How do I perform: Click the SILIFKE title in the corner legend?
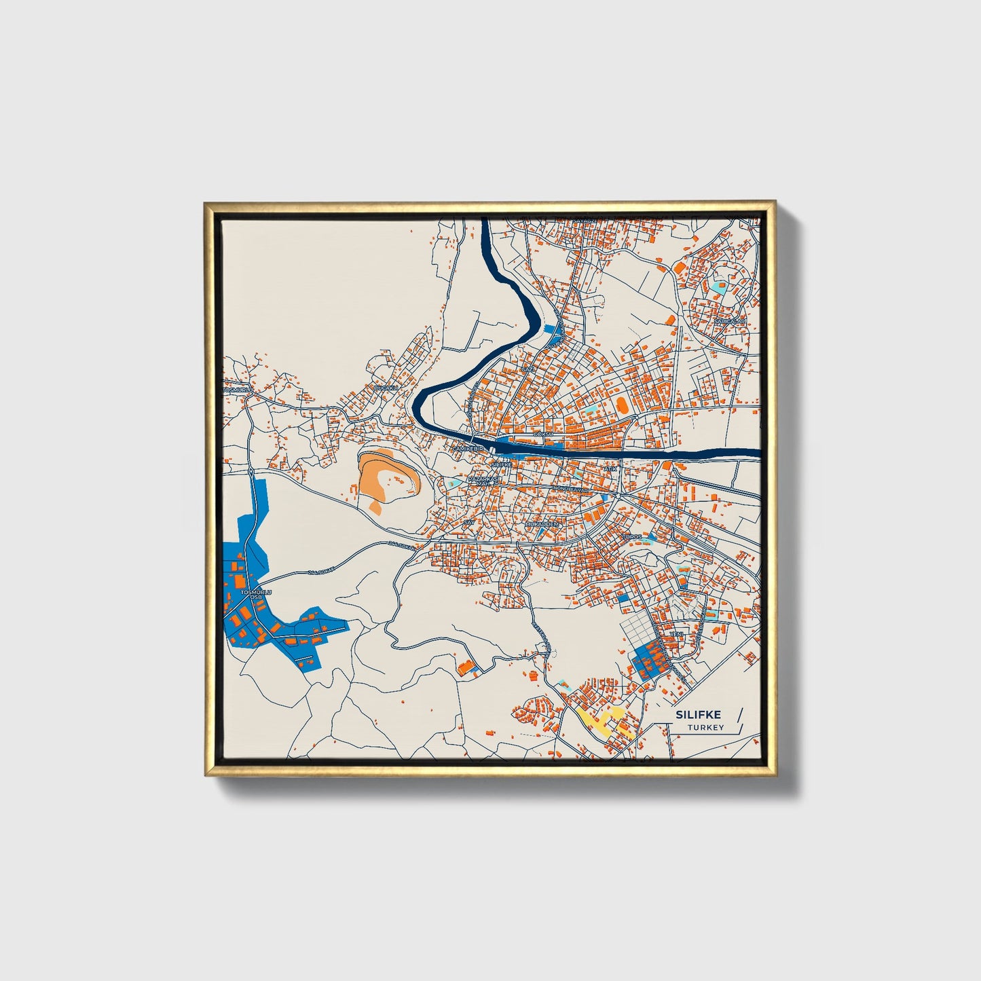click(698, 715)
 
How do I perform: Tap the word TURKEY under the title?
click(705, 728)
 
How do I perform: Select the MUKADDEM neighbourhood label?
click(542, 525)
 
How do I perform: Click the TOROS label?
click(631, 536)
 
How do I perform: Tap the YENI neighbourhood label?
click(676, 634)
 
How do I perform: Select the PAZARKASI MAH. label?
click(487, 481)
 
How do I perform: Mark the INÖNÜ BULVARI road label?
click(572, 487)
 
